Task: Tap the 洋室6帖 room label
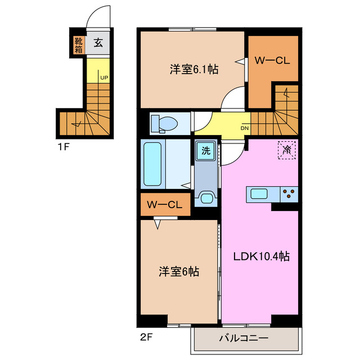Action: (x=178, y=271)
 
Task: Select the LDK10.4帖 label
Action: (x=262, y=256)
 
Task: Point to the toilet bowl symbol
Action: (x=165, y=122)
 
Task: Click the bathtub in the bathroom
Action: (x=153, y=164)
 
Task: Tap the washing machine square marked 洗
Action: (x=205, y=151)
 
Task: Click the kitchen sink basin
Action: (x=259, y=194)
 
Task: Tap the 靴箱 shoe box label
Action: (x=76, y=44)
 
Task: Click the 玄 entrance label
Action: (x=98, y=43)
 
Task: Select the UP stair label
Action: (x=104, y=78)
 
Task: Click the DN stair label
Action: (x=245, y=128)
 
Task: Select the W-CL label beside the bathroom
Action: (x=164, y=205)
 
